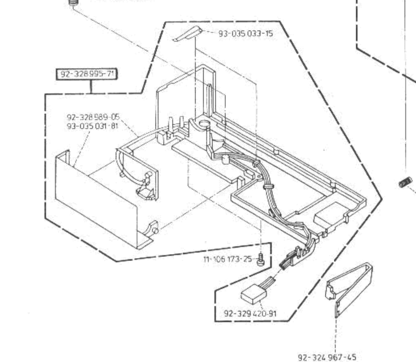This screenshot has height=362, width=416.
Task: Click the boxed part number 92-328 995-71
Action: (87, 74)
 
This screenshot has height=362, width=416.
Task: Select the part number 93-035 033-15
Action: (246, 33)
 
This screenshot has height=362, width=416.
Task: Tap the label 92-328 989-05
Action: (93, 117)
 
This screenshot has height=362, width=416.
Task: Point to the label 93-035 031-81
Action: (92, 126)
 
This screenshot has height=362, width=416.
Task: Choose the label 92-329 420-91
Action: (250, 313)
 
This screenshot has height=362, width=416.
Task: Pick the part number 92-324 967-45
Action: (327, 357)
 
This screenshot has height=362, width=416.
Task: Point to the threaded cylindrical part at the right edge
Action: (405, 182)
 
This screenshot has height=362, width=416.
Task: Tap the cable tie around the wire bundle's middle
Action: (269, 187)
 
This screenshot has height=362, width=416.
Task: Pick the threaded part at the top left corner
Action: (73, 2)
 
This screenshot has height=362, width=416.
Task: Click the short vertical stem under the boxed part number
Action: (91, 86)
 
